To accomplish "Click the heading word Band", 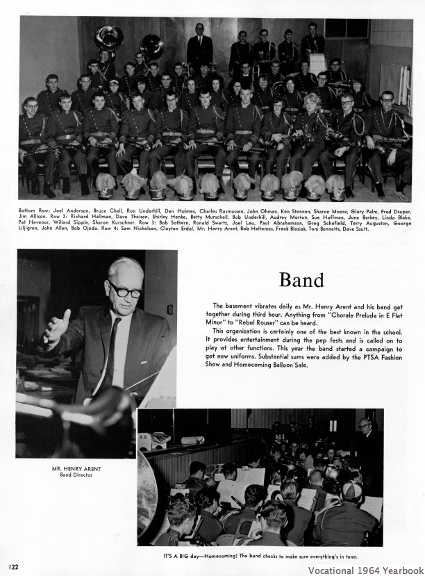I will pos(301,279).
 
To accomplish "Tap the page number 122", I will pos(14,567).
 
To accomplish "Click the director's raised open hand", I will pos(57,327).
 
